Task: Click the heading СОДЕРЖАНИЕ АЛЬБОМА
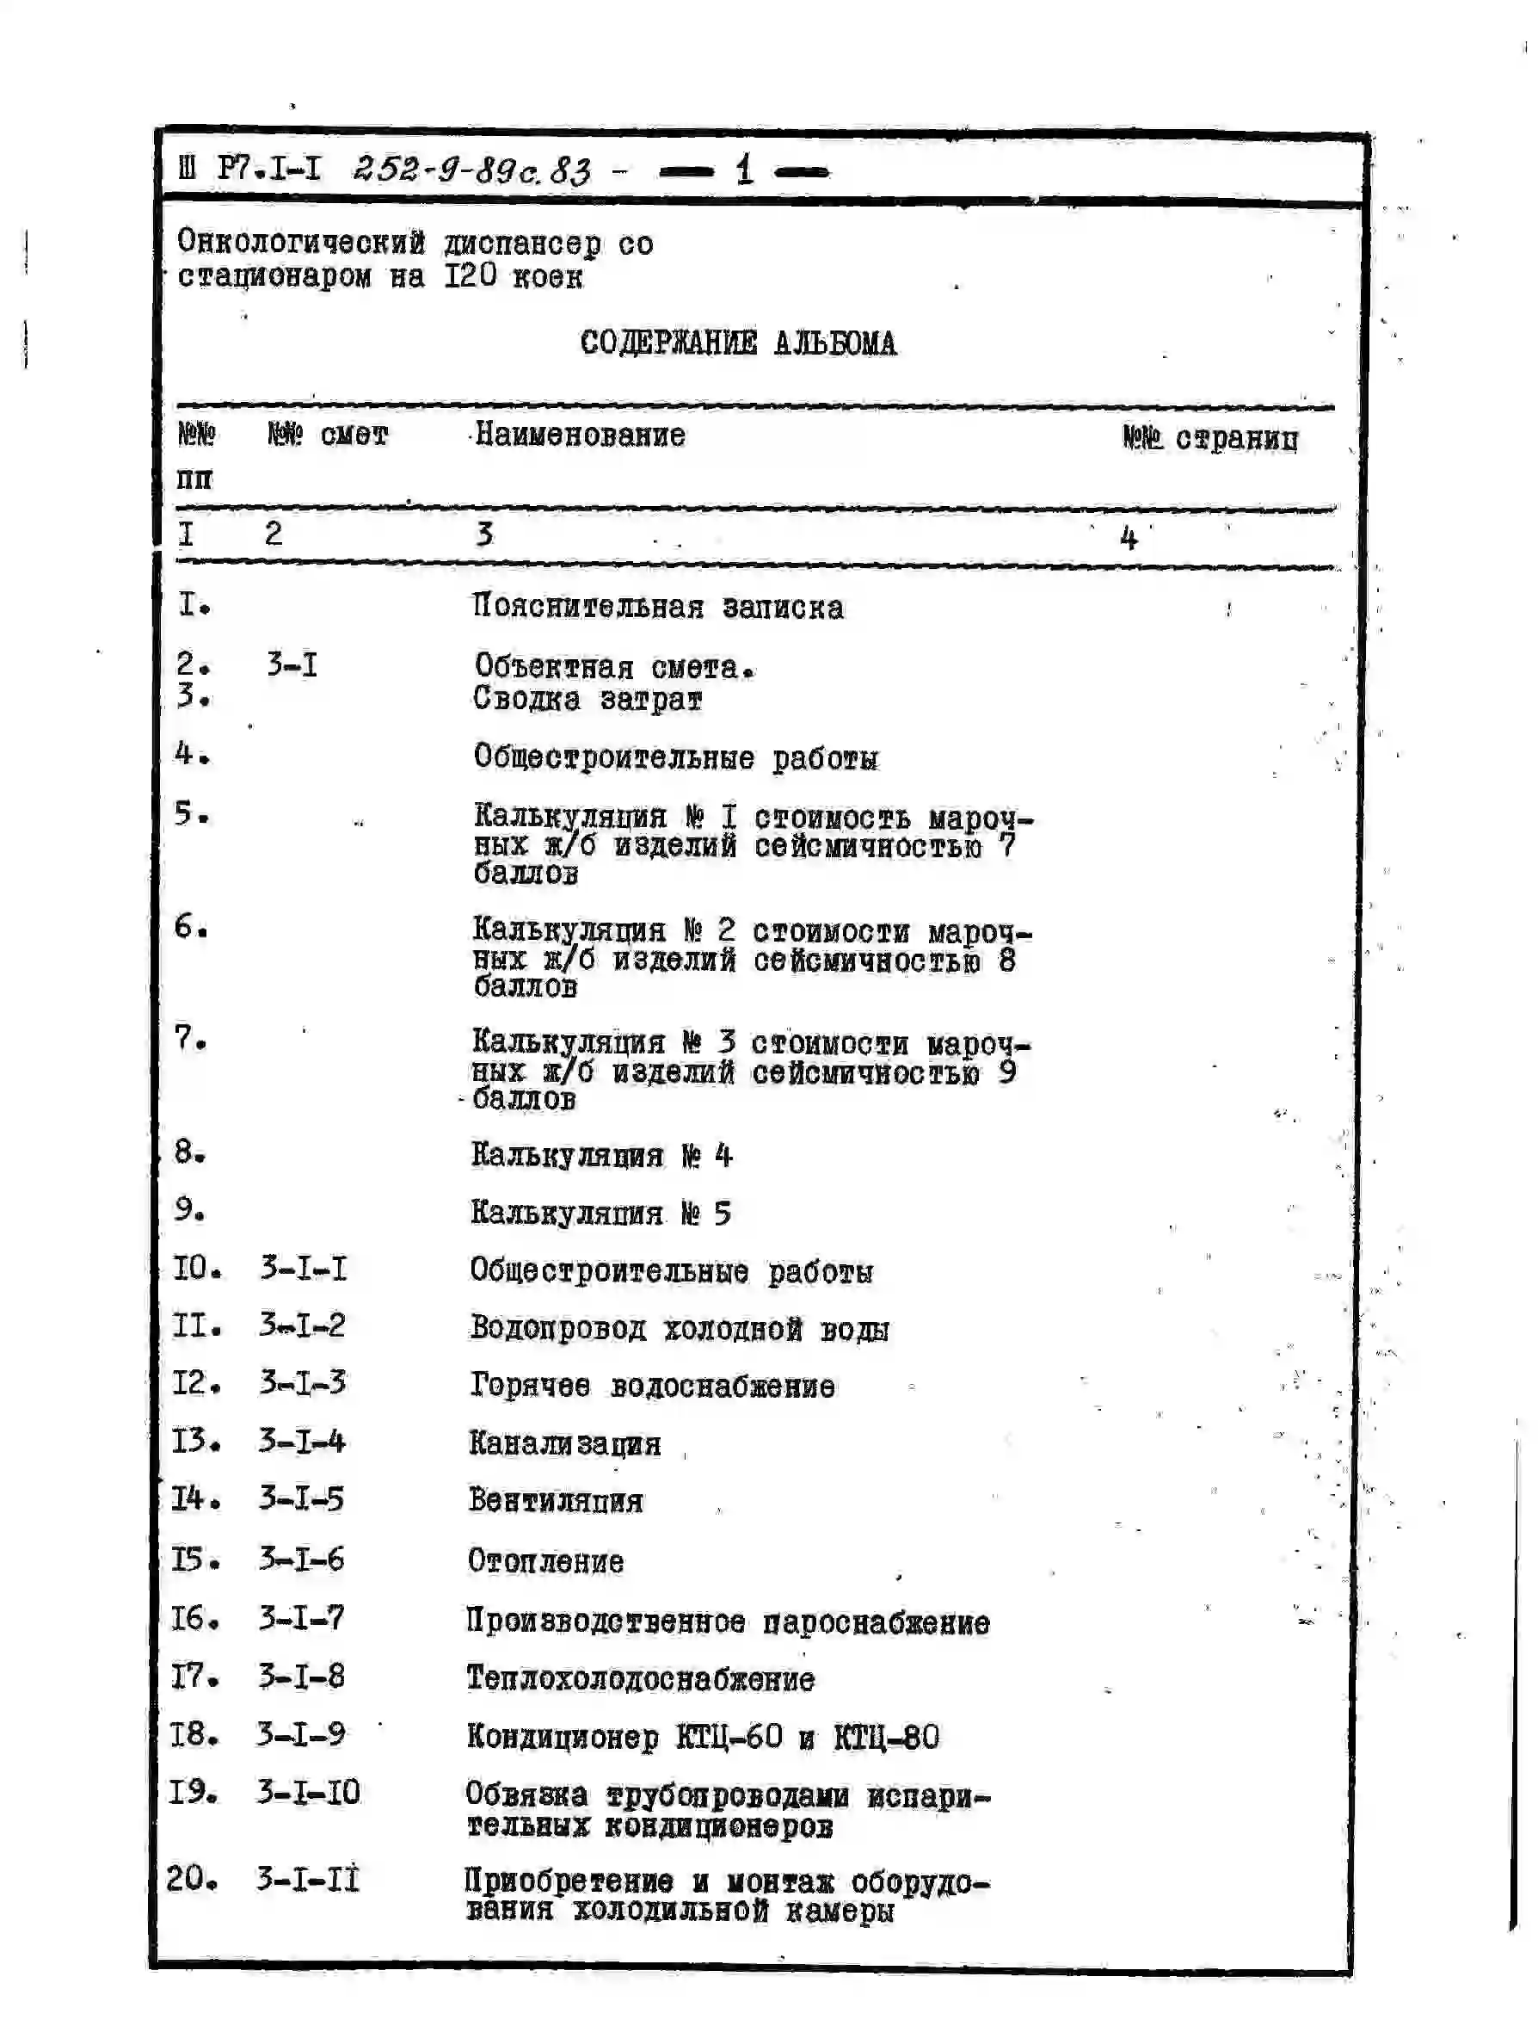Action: (x=738, y=343)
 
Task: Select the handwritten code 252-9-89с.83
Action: (x=471, y=170)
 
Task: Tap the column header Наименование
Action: (x=580, y=435)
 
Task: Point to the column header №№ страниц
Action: (x=1209, y=439)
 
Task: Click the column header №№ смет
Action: (x=328, y=434)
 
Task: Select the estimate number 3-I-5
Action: (x=301, y=1499)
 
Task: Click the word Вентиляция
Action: (x=556, y=1501)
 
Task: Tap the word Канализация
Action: (x=564, y=1443)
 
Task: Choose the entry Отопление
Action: (x=545, y=1560)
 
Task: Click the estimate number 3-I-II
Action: (x=308, y=1880)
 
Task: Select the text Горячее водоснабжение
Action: (x=652, y=1386)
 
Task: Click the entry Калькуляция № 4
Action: (x=601, y=1156)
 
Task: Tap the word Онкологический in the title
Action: (x=301, y=243)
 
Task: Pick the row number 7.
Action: (x=190, y=1039)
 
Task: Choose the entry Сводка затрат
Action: (x=588, y=700)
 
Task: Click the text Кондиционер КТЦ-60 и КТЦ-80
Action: (x=702, y=1737)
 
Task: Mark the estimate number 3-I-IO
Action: (x=309, y=1793)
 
